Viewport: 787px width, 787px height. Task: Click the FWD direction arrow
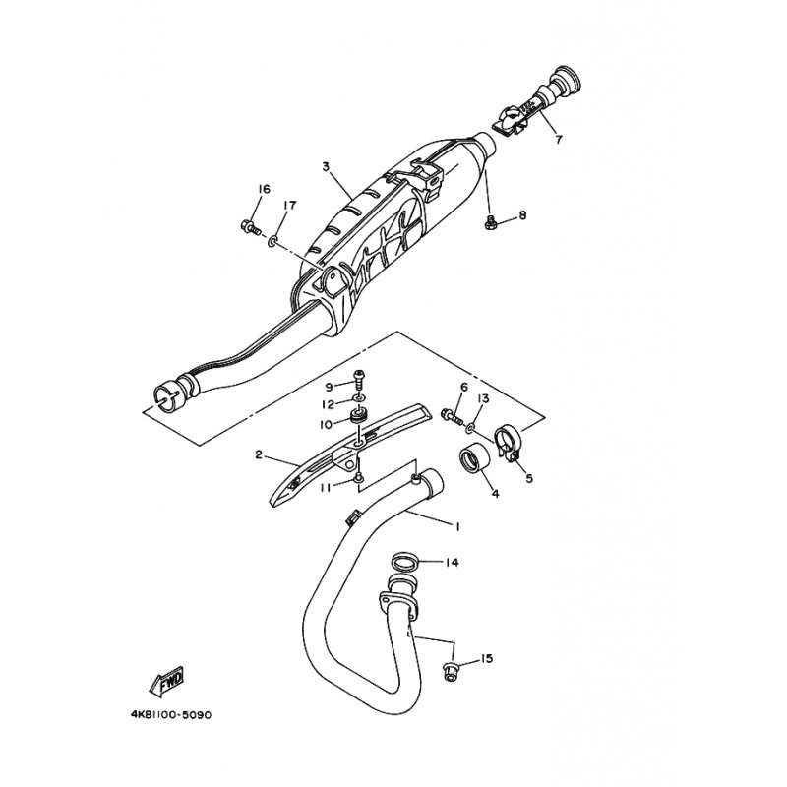pyautogui.click(x=166, y=682)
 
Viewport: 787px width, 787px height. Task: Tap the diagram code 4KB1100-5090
pyautogui.click(x=171, y=715)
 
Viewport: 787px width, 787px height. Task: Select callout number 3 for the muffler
pyautogui.click(x=326, y=166)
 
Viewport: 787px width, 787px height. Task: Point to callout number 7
pyautogui.click(x=559, y=139)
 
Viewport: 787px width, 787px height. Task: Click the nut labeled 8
pyautogui.click(x=490, y=222)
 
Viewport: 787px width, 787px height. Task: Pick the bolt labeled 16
pyautogui.click(x=250, y=227)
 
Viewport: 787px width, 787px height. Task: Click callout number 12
pyautogui.click(x=328, y=404)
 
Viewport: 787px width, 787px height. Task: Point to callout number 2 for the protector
pyautogui.click(x=259, y=455)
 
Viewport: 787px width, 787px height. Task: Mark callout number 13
pyautogui.click(x=483, y=398)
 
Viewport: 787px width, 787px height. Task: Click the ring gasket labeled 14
pyautogui.click(x=405, y=562)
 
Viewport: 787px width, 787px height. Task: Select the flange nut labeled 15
pyautogui.click(x=450, y=671)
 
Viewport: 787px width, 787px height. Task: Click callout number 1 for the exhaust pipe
pyautogui.click(x=457, y=526)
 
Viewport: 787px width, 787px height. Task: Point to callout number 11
pyautogui.click(x=327, y=487)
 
